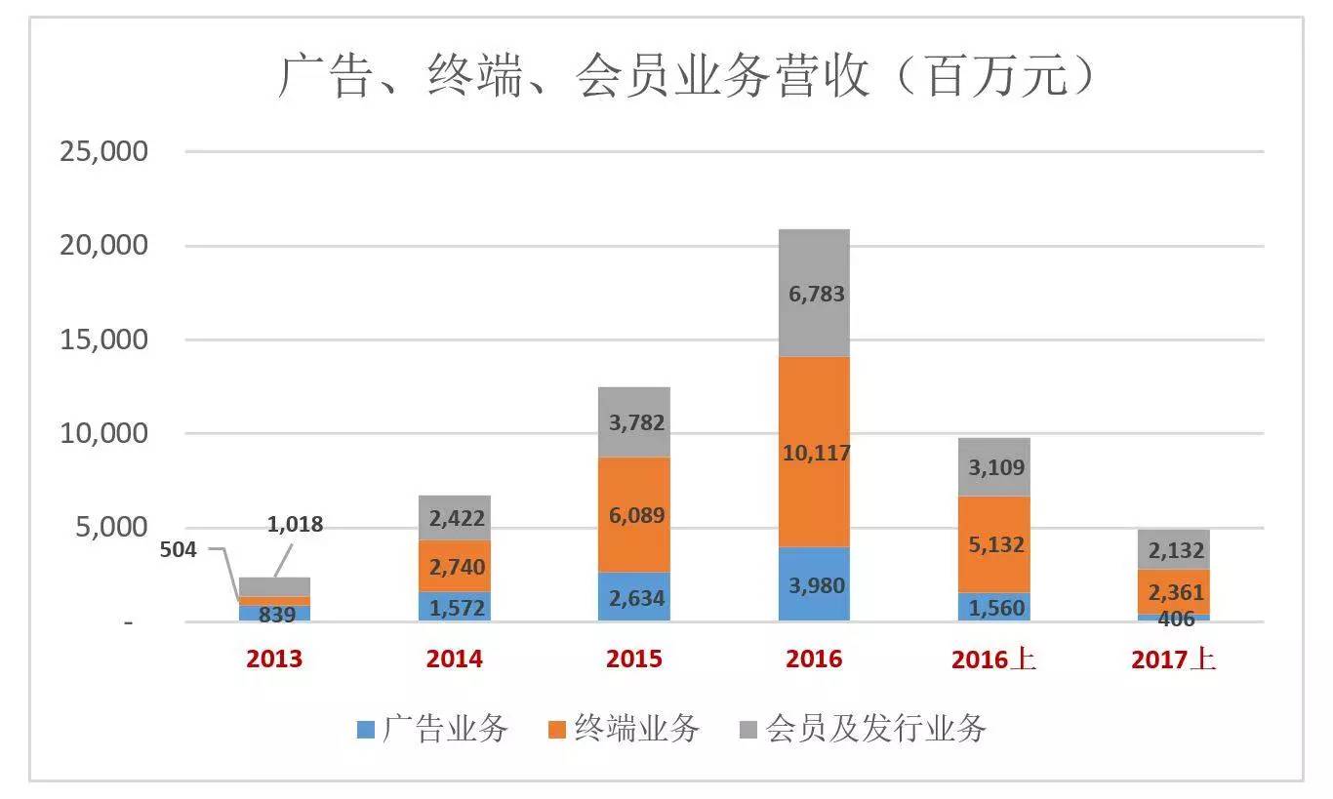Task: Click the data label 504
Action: [178, 549]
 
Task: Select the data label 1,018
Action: [294, 525]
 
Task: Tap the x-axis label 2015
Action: [634, 659]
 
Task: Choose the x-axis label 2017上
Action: [1174, 659]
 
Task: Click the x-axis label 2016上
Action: [994, 659]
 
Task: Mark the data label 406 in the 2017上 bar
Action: [1174, 618]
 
